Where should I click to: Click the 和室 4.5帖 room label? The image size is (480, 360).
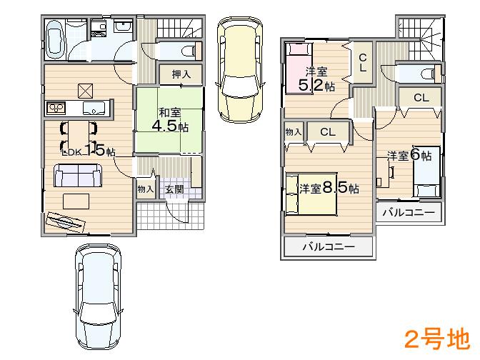pyautogui.click(x=169, y=119)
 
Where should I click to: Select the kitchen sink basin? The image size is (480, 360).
pyautogui.click(x=94, y=109)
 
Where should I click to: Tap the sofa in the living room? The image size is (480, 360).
pyautogui.click(x=77, y=176)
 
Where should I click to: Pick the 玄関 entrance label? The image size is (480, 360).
pyautogui.click(x=174, y=189)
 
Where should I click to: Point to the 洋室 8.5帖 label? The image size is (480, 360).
pyautogui.click(x=329, y=188)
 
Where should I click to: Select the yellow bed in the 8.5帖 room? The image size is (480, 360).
pyautogui.click(x=312, y=193)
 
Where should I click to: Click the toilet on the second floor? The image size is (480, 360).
pyautogui.click(x=426, y=72)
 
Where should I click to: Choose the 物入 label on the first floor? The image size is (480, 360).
pyautogui.click(x=146, y=189)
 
